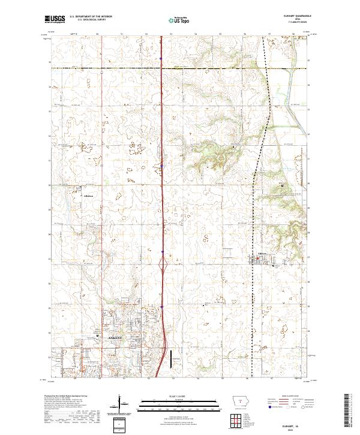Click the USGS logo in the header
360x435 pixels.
click(55, 19)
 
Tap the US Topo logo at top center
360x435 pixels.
click(179, 20)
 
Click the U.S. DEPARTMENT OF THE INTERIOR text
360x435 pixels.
click(91, 17)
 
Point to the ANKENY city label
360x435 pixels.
click(115, 338)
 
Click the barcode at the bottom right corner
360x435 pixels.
click(349, 411)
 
